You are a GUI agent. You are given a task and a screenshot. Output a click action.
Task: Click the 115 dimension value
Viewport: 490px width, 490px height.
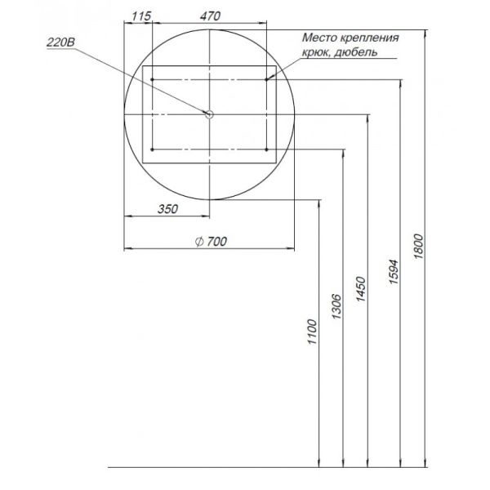tap(141, 16)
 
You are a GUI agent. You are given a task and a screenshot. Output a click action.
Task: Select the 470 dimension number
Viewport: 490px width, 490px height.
tap(210, 16)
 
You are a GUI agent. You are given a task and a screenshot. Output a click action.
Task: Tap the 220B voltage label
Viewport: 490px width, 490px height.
tap(61, 42)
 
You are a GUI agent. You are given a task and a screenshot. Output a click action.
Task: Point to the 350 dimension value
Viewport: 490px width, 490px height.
tap(167, 209)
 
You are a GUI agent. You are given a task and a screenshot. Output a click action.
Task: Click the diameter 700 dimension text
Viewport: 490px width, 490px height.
tap(211, 242)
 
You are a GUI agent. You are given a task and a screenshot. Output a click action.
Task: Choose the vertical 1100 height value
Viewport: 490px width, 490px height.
tap(312, 332)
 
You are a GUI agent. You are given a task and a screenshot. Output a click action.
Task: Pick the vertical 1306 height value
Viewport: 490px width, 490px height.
tap(336, 306)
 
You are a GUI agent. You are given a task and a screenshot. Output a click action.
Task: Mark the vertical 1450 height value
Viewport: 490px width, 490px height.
tap(361, 289)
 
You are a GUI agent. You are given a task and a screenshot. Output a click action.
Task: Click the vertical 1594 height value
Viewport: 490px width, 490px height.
tap(394, 272)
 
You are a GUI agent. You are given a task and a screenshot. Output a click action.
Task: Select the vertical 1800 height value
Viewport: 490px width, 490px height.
tap(418, 247)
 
